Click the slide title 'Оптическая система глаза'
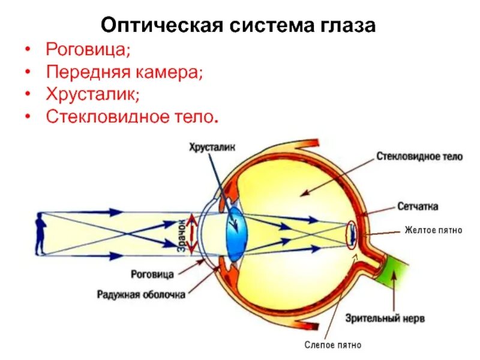(x=239, y=26)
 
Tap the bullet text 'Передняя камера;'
(x=125, y=72)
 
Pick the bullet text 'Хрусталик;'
(x=93, y=95)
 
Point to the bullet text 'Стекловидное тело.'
(x=130, y=117)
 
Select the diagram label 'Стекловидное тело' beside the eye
(x=420, y=157)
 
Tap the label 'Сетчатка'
(x=417, y=206)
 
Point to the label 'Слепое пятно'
(x=334, y=345)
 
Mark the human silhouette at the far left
(x=40, y=233)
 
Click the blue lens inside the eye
(x=235, y=229)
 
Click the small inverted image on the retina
(x=352, y=233)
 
